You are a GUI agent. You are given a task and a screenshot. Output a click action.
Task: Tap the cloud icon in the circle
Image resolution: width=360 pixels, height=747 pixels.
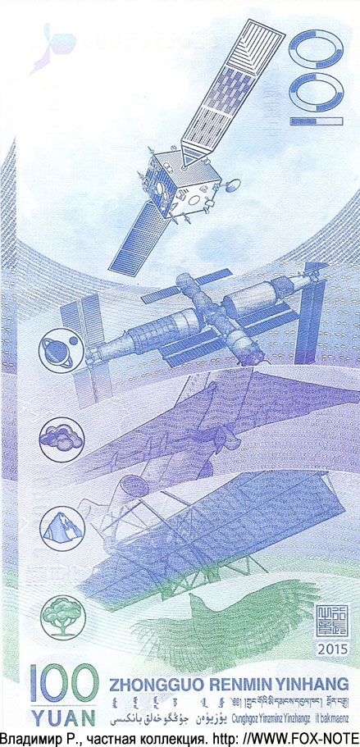(56, 436)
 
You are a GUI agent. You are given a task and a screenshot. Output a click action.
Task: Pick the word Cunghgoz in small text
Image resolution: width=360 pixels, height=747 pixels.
(248, 717)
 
